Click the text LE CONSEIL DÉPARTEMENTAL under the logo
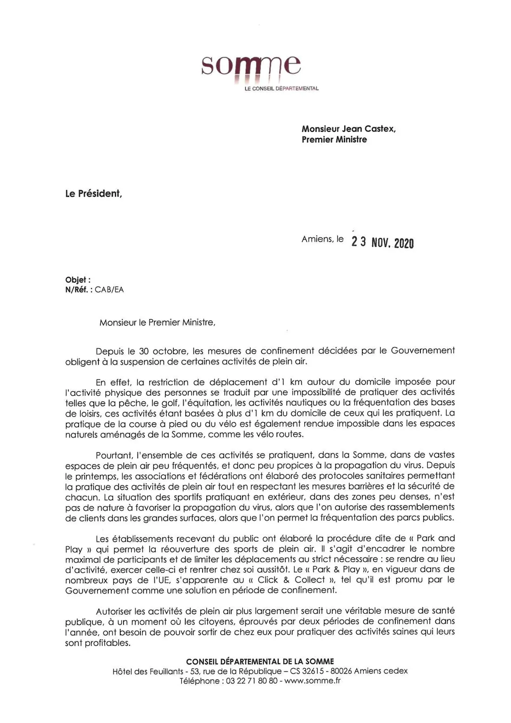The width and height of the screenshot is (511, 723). click(x=282, y=88)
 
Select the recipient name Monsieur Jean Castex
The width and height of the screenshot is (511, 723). click(x=348, y=129)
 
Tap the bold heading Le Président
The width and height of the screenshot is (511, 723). click(x=93, y=194)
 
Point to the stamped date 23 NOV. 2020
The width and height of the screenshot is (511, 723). click(x=382, y=242)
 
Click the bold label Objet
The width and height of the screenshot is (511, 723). click(x=78, y=280)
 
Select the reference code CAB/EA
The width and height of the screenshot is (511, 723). click(x=109, y=290)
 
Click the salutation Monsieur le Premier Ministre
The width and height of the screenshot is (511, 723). click(x=157, y=322)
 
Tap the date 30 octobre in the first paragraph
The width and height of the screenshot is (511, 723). click(x=159, y=351)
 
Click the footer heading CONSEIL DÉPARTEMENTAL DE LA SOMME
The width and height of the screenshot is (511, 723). click(x=260, y=661)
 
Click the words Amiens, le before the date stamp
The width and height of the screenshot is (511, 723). click(x=322, y=239)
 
